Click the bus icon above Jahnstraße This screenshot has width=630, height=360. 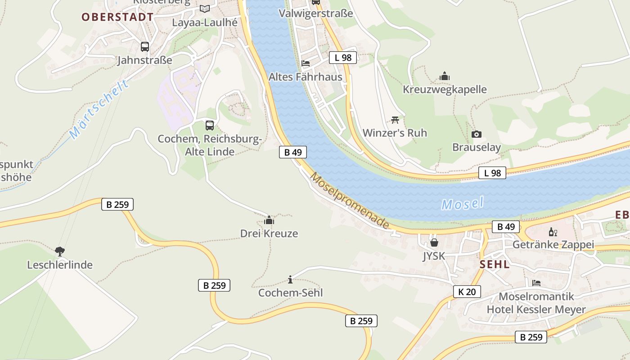click(145, 46)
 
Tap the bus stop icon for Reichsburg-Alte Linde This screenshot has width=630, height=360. click(210, 125)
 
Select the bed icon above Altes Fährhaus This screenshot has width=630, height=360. click(306, 63)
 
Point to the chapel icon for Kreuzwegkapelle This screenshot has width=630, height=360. click(445, 76)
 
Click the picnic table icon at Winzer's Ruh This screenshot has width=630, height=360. click(395, 120)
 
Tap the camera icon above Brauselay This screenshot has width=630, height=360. click(477, 134)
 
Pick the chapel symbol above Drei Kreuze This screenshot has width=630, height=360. click(269, 220)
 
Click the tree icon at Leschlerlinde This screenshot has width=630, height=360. click(59, 251)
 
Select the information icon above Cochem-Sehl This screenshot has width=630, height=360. click(290, 279)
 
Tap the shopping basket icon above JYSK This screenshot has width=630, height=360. click(434, 243)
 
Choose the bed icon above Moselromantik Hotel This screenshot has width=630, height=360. click(536, 283)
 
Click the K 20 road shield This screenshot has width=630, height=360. click(467, 292)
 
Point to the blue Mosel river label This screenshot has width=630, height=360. click(463, 204)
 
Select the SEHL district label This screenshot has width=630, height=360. click(495, 265)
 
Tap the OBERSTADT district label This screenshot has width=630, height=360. click(117, 17)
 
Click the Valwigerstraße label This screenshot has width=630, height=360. click(316, 13)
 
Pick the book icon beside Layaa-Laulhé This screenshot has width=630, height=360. click(205, 9)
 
